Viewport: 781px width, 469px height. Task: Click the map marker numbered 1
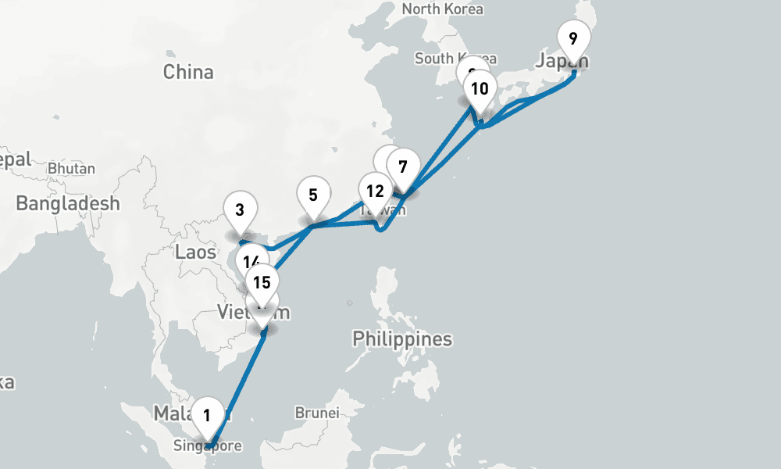tap(207, 414)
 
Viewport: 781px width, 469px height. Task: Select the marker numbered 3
tap(240, 209)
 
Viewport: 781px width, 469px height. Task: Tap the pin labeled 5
tap(312, 195)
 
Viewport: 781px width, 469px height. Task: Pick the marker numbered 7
tap(402, 166)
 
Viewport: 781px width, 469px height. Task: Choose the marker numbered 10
tap(480, 88)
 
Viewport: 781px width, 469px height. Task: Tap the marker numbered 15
tap(262, 282)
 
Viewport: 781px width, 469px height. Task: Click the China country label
tap(188, 72)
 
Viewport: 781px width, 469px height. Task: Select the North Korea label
tap(442, 9)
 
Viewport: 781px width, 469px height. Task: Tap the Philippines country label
tap(402, 338)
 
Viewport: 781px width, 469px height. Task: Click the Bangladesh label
tap(68, 204)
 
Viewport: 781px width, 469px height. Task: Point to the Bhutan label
tap(71, 168)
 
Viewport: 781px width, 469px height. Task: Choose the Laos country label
tap(195, 252)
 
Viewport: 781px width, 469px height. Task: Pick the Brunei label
tap(316, 412)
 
